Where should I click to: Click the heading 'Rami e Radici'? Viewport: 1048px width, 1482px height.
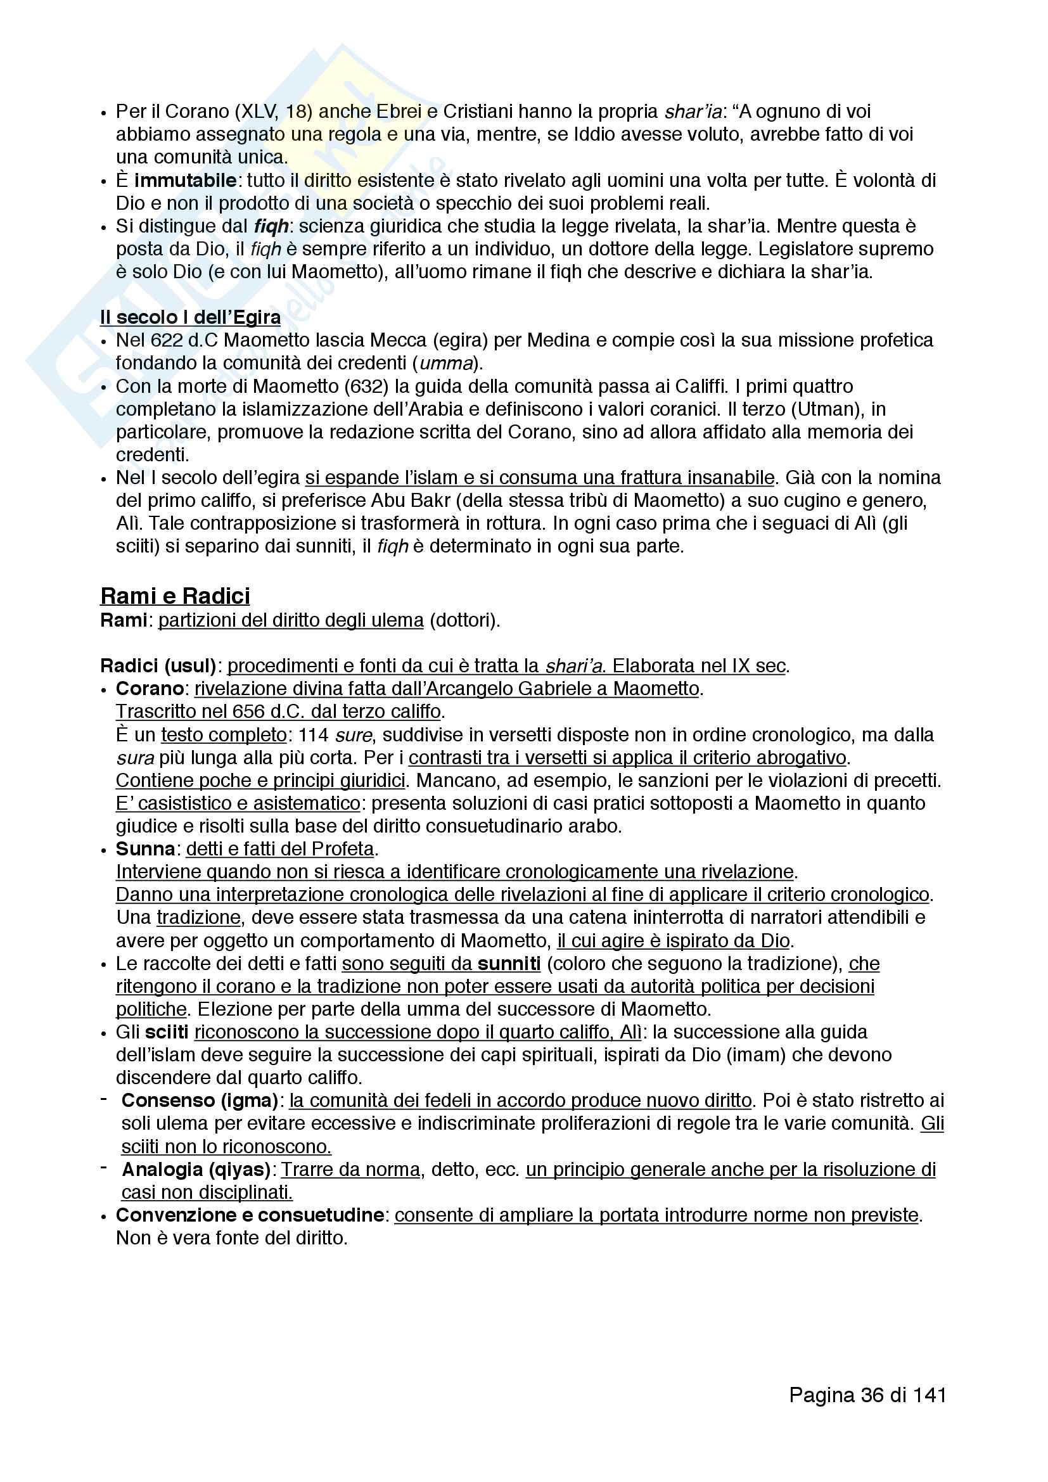175,595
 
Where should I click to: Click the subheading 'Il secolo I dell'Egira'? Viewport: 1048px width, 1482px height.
189,317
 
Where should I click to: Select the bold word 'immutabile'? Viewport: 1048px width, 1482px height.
185,180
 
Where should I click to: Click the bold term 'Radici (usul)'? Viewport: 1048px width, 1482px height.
158,665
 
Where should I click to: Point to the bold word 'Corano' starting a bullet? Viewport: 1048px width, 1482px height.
150,689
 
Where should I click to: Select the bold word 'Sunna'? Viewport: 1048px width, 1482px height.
146,849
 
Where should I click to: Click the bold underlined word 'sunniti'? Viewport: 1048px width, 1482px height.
509,964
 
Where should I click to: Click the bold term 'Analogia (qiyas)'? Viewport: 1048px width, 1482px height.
196,1170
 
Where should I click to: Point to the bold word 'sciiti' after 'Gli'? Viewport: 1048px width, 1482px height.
167,1032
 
